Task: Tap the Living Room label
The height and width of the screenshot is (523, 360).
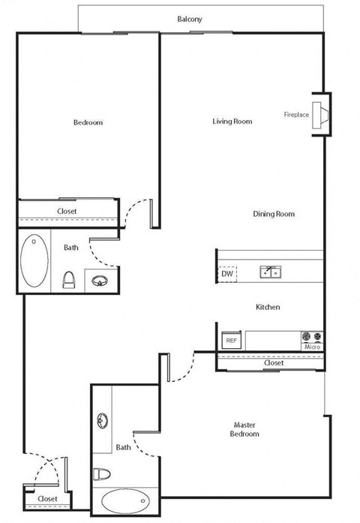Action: tap(232, 121)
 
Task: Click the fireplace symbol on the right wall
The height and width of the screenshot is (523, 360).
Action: tap(320, 115)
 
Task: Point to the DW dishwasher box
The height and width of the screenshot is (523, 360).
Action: tap(226, 275)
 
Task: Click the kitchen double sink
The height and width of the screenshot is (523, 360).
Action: tap(270, 272)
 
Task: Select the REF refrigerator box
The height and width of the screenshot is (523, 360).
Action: tap(231, 341)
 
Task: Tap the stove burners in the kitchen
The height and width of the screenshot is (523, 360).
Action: tap(311, 336)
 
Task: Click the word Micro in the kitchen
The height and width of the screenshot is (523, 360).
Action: tap(312, 347)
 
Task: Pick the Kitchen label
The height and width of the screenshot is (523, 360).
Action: tap(268, 308)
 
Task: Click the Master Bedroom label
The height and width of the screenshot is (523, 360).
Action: tap(244, 429)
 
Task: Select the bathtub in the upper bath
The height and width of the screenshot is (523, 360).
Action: tap(32, 262)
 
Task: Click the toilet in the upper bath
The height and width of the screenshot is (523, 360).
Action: tap(68, 281)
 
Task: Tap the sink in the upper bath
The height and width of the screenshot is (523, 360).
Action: tap(98, 281)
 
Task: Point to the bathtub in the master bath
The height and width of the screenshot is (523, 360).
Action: tap(124, 501)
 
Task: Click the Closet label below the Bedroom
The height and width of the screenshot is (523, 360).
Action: tap(67, 212)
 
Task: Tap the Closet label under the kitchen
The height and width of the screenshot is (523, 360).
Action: tap(274, 363)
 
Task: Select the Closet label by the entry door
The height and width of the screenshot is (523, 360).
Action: tap(47, 498)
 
